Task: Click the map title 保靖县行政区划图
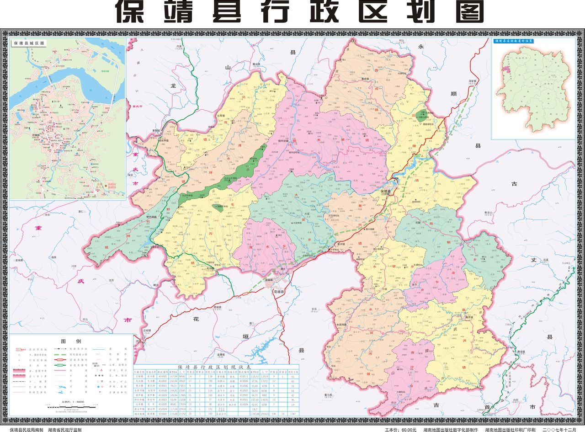tap(299, 11)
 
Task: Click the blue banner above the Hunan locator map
tap(515, 41)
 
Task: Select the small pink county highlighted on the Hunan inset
tap(506, 70)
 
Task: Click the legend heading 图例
tap(71, 341)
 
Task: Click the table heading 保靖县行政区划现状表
tap(214, 367)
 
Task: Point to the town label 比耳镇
tap(222, 116)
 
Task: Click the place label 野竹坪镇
tap(151, 217)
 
